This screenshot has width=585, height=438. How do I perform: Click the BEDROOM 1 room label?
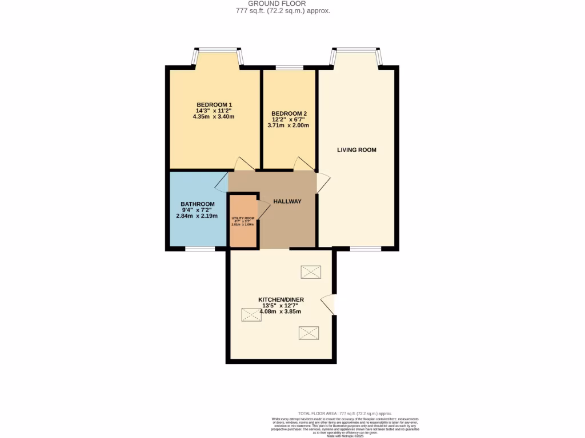(214, 104)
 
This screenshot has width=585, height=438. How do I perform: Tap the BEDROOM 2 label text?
(290, 113)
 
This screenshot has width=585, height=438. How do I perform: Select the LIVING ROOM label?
(356, 150)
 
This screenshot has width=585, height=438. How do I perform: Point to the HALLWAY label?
(287, 201)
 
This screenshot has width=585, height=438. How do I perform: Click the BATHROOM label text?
(198, 204)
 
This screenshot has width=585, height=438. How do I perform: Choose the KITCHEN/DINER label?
(281, 299)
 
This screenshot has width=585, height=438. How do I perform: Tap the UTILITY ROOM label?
(243, 218)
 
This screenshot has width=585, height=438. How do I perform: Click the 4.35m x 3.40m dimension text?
(214, 116)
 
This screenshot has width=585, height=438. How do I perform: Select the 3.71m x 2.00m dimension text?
(290, 125)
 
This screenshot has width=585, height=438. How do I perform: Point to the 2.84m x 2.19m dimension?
(198, 216)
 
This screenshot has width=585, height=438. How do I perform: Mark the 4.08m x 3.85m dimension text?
(281, 311)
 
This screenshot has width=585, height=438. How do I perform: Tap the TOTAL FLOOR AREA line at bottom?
(344, 413)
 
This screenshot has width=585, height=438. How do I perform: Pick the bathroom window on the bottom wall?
(199, 249)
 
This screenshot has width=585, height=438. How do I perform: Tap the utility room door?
(263, 209)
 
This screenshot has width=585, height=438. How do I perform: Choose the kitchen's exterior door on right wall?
(330, 303)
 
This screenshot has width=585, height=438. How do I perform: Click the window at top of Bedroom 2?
(290, 68)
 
